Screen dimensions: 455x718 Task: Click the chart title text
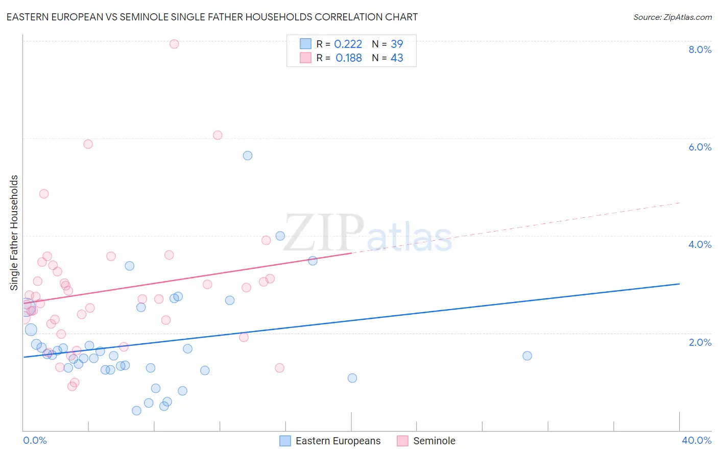(212, 17)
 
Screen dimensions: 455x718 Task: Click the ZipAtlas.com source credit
(672, 17)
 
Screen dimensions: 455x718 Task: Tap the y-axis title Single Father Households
(14, 233)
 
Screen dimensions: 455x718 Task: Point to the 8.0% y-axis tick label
(700, 49)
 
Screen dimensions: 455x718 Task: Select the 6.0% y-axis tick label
(700, 147)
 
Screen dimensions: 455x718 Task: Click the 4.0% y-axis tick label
(700, 244)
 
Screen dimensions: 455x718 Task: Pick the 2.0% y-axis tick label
(700, 342)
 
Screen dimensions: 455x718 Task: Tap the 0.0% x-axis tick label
(35, 440)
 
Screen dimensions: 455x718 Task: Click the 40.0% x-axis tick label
(696, 440)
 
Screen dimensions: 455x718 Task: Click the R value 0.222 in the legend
(348, 44)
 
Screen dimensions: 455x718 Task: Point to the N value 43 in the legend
(397, 58)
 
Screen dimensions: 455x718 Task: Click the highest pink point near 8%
(174, 44)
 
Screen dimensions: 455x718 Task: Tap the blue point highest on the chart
(248, 156)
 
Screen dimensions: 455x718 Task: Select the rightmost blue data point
(527, 356)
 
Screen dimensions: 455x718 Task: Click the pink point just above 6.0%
(218, 135)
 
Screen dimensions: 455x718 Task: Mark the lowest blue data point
(136, 411)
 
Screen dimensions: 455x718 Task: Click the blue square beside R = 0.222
(305, 44)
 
